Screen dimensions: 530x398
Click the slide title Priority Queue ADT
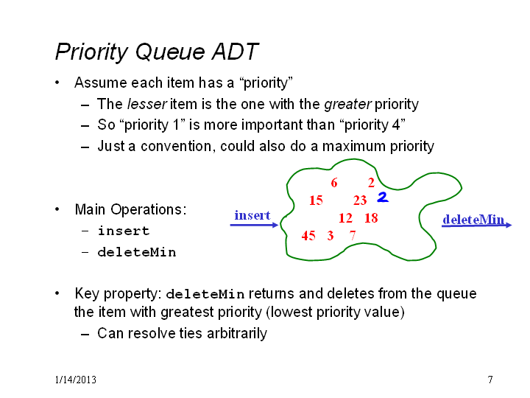pos(157,52)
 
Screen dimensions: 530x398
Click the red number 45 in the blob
pos(308,236)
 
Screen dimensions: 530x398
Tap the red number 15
pos(316,200)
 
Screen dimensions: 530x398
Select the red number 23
pos(360,200)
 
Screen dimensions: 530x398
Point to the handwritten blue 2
pos(383,197)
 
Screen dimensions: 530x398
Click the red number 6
pos(334,183)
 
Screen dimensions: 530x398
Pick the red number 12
pos(345,218)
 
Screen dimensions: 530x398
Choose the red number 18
pos(371,218)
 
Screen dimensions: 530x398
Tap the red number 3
pos(331,236)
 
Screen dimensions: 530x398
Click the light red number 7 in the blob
pos(353,235)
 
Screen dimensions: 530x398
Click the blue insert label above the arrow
pos(252,215)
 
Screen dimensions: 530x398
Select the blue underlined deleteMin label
pos(473,220)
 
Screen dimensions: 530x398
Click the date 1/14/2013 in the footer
pos(75,380)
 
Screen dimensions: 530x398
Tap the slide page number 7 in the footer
pos(490,380)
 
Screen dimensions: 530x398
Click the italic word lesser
pos(147,104)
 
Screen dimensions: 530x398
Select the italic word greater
pos(347,105)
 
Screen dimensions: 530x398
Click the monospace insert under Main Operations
pos(124,231)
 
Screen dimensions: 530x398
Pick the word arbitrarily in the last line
pos(237,334)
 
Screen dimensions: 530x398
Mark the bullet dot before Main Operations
pos(57,209)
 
